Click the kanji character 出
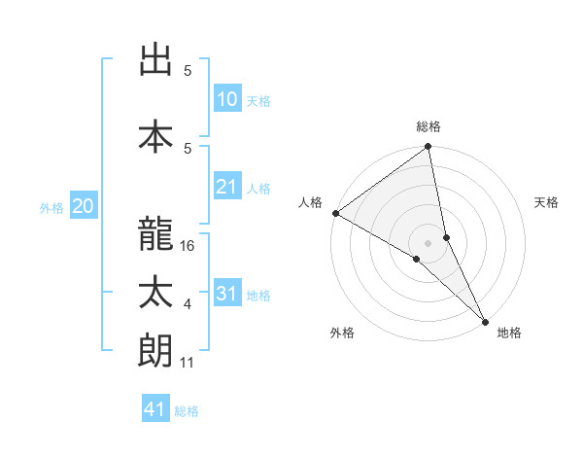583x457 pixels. click(155, 60)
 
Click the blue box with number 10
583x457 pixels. click(227, 99)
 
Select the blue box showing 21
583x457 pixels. click(227, 187)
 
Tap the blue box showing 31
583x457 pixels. click(227, 294)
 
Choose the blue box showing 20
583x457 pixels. click(84, 205)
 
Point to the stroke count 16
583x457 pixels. click(189, 247)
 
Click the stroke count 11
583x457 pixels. click(189, 363)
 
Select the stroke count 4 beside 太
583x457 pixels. click(188, 305)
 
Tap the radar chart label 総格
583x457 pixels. click(429, 126)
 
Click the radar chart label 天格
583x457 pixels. click(547, 202)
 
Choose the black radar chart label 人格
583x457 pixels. click(310, 202)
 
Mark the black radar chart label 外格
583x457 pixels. click(342, 333)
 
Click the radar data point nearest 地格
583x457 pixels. click(485, 320)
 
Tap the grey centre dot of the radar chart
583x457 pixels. click(429, 241)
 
